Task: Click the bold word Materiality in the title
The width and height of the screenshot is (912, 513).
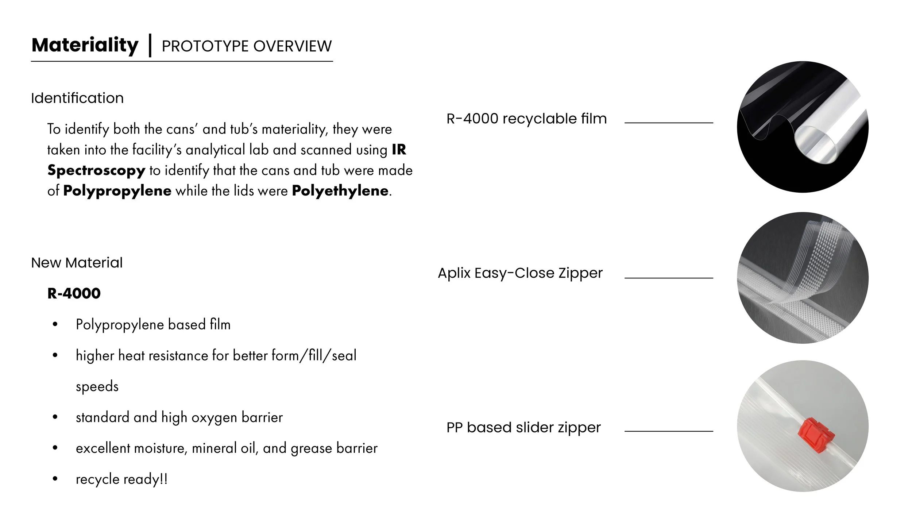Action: (x=85, y=46)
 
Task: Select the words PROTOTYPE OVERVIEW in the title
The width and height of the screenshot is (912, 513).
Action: (x=247, y=46)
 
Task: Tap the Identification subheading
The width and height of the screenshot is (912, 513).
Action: (x=77, y=98)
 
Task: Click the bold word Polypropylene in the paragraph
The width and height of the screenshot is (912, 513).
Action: (x=117, y=191)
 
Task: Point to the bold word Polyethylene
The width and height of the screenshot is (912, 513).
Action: (x=340, y=191)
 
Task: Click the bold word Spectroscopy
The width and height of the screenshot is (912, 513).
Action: (x=96, y=170)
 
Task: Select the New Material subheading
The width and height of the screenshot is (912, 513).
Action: (x=77, y=263)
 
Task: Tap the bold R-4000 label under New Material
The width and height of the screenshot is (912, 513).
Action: (x=74, y=293)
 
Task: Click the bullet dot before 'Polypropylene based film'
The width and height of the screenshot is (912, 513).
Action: (x=55, y=324)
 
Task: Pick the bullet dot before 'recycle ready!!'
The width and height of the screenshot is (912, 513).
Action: (x=55, y=479)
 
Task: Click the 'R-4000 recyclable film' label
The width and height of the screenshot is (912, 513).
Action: (x=526, y=119)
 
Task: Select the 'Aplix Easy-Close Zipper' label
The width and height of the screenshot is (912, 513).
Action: (x=520, y=273)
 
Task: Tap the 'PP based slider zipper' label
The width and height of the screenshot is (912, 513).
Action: (x=523, y=427)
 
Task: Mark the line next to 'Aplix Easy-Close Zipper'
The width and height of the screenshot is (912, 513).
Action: (x=669, y=278)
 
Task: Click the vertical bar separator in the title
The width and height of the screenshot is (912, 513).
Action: (x=150, y=45)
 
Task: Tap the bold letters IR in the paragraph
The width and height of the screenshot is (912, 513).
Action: (x=399, y=150)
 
